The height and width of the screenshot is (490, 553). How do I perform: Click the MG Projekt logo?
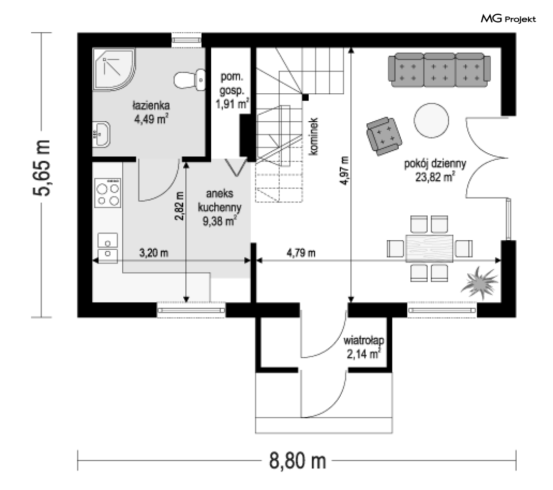508,18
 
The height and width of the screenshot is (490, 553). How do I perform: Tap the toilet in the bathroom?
190,79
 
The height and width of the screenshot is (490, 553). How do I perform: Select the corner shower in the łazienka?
114,70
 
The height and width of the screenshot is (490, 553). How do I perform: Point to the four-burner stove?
108,193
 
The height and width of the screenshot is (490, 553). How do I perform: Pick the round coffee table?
431,120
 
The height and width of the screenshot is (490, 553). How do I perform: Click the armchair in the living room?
384,136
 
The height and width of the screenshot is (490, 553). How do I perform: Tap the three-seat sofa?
439,70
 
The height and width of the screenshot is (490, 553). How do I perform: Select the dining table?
429,249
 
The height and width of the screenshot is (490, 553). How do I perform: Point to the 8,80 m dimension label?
298,460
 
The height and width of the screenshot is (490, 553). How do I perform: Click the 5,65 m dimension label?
42,168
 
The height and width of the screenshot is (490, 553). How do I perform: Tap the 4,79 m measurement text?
301,253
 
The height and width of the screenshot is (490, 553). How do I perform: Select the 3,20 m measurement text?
154,253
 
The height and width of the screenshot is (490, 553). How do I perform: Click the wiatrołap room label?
363,341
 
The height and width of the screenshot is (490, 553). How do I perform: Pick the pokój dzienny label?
435,164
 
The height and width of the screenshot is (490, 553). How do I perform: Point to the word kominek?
313,136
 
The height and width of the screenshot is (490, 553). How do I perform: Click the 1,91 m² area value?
232,104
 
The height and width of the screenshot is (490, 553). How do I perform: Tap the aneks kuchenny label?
220,200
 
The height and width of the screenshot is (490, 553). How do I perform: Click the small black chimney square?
305,97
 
